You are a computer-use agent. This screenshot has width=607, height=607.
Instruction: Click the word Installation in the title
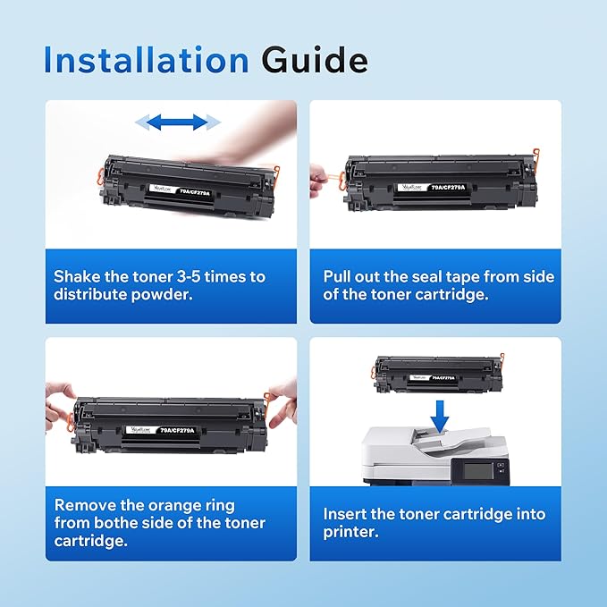(147, 60)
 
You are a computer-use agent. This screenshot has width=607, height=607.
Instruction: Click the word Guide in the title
(315, 60)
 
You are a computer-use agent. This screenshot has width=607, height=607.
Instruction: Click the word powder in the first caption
(170, 295)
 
